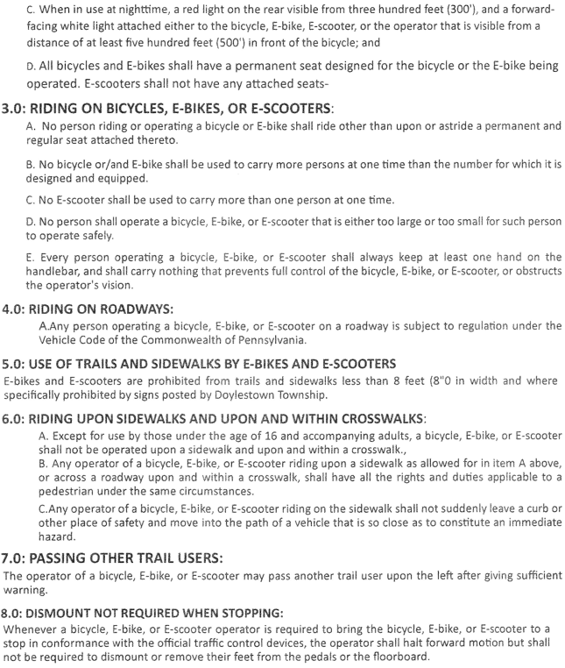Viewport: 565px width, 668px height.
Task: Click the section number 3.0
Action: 13,109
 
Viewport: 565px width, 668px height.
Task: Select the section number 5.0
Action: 13,364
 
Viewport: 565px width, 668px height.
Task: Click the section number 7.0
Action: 13,558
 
